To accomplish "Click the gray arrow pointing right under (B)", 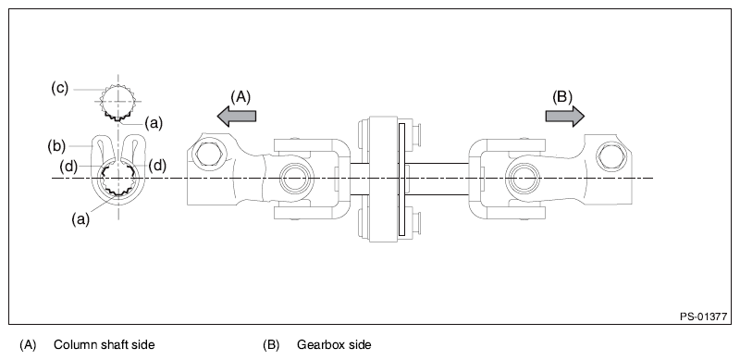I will click(x=564, y=114).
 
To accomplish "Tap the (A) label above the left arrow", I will click(x=240, y=95).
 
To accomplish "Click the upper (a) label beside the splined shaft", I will click(x=154, y=120).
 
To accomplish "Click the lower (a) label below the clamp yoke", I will click(x=82, y=218).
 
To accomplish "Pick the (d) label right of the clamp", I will click(x=157, y=166).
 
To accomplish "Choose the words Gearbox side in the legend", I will click(x=334, y=344).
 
